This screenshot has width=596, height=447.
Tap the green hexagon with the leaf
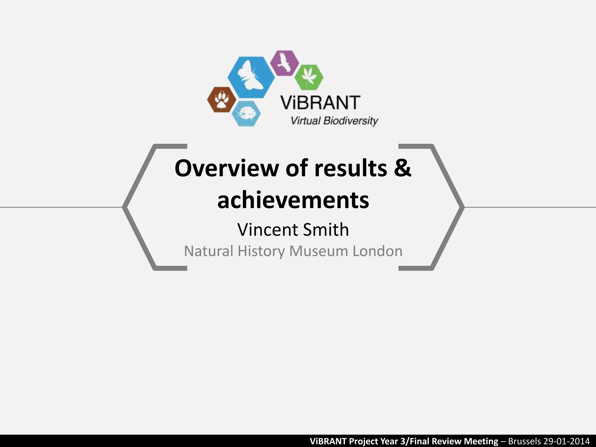point(309,77)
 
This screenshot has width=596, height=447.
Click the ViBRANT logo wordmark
point(320,102)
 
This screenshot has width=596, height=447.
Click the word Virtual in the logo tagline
point(306,120)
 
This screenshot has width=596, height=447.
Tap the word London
point(377,251)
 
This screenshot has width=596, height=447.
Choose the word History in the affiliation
point(261,251)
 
